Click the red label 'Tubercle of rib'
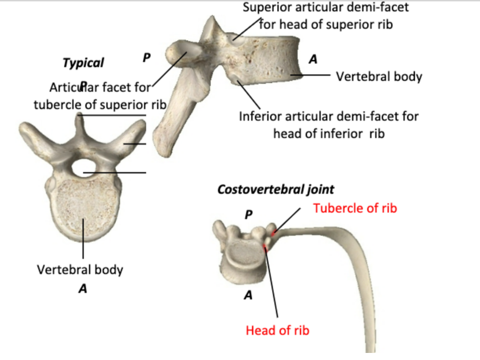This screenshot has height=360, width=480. point(355,208)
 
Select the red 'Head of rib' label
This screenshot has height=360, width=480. point(277,330)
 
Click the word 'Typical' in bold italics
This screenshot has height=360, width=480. point(83,63)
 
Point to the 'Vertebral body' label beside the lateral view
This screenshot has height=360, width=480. point(379,76)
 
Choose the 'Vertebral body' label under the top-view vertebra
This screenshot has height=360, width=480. point(80,270)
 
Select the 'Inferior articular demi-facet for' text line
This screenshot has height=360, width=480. point(329,116)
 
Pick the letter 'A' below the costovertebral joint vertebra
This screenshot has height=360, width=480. point(248,295)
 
